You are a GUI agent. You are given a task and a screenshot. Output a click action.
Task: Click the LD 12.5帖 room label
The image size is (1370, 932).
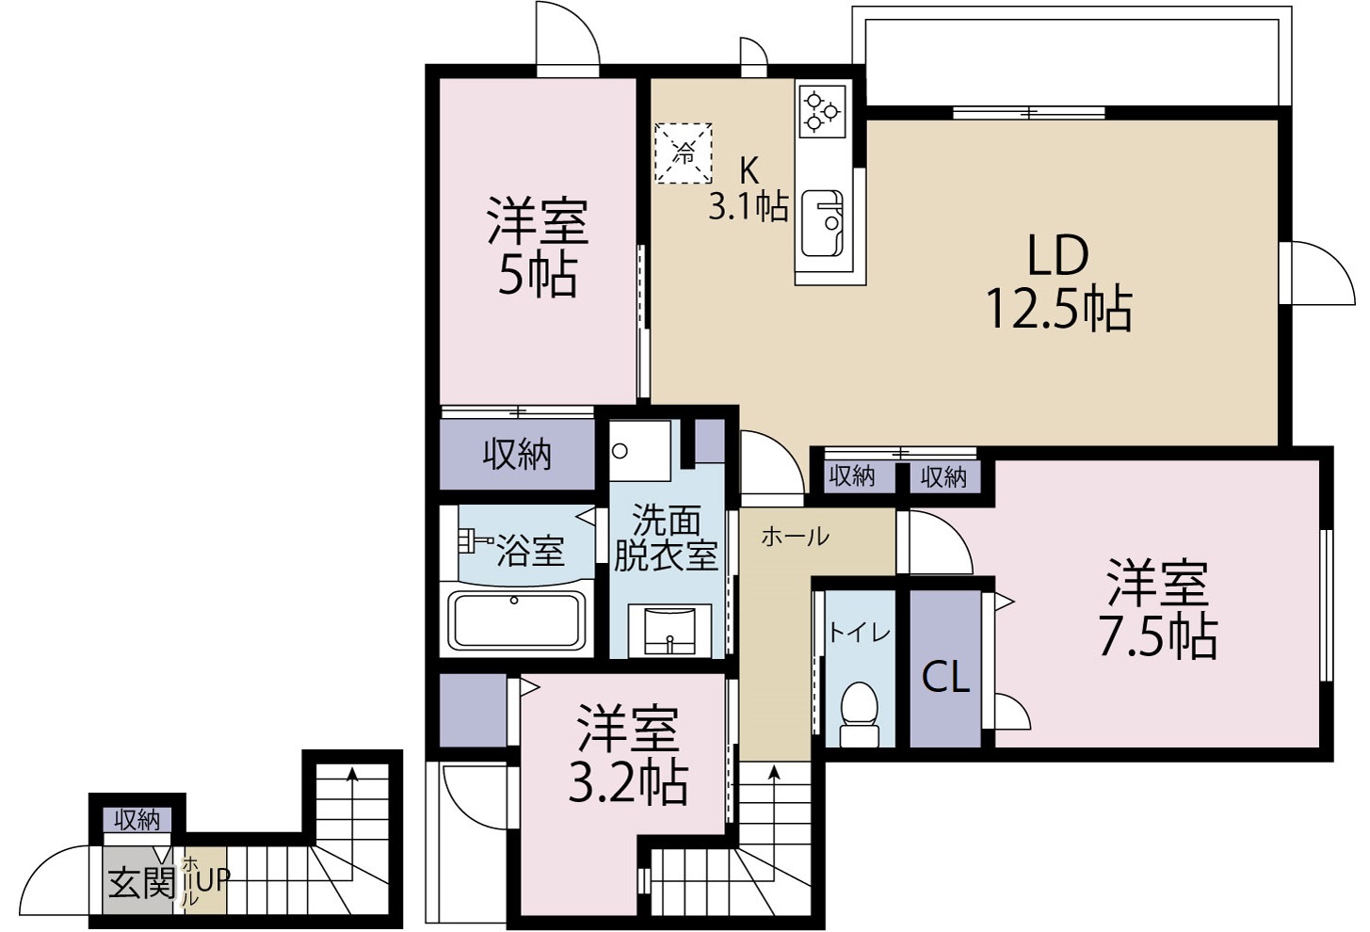pyautogui.click(x=1057, y=281)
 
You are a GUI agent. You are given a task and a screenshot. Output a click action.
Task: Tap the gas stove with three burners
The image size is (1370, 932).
pyautogui.click(x=823, y=110)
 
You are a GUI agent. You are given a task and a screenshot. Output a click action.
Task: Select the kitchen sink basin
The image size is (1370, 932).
pyautogui.click(x=822, y=224)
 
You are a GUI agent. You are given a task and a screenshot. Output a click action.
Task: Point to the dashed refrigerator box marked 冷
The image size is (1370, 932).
pyautogui.click(x=683, y=153)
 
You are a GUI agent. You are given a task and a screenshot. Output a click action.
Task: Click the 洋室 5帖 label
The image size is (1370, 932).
pyautogui.click(x=537, y=248)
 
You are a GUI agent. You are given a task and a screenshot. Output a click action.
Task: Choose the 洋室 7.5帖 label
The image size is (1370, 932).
pyautogui.click(x=1157, y=609)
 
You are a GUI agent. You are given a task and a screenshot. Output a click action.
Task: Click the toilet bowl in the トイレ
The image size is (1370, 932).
pyautogui.click(x=858, y=708)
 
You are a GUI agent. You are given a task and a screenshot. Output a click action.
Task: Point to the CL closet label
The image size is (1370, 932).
pyautogui.click(x=945, y=677)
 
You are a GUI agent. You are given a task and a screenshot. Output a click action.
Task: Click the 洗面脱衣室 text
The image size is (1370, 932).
pyautogui.click(x=667, y=538)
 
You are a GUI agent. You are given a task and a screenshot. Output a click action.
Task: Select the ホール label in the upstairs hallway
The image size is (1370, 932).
pyautogui.click(x=795, y=537)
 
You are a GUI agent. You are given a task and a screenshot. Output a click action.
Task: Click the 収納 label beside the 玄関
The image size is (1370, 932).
pyautogui.click(x=137, y=820)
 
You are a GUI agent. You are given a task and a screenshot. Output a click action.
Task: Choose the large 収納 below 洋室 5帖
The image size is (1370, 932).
pyautogui.click(x=517, y=455)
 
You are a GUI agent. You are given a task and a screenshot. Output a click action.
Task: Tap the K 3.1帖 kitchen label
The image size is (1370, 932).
pyautogui.click(x=749, y=189)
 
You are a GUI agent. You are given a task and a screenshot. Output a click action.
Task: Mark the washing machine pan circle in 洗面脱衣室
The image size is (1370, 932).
pyautogui.click(x=620, y=450)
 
